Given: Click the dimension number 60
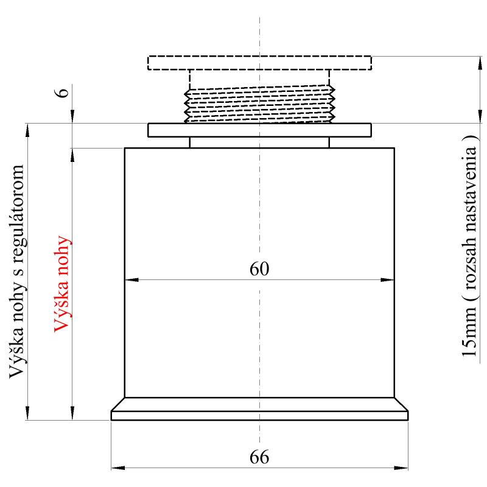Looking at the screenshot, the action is (259, 269).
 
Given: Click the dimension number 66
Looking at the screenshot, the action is (259, 457).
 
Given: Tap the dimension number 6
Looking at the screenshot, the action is (62, 93).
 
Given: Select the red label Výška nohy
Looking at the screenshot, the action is (62, 284).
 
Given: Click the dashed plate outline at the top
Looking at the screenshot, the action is (259, 56).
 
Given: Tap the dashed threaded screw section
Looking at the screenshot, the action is (259, 105).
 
